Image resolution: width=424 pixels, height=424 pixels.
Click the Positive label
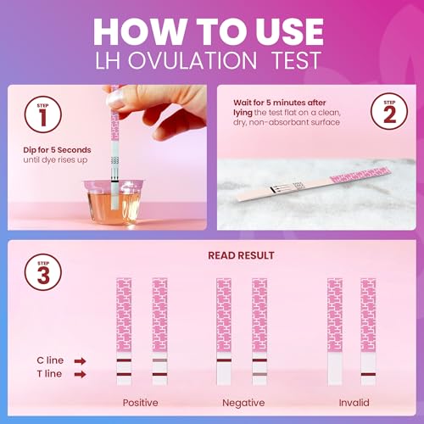tap(141, 403)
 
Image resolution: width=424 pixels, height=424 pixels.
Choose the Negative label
tap(243, 403)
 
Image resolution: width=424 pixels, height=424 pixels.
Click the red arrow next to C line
tap(80, 360)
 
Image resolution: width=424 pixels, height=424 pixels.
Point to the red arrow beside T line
tap(80, 373)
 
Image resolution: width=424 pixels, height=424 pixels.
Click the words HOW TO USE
tap(212, 29)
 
